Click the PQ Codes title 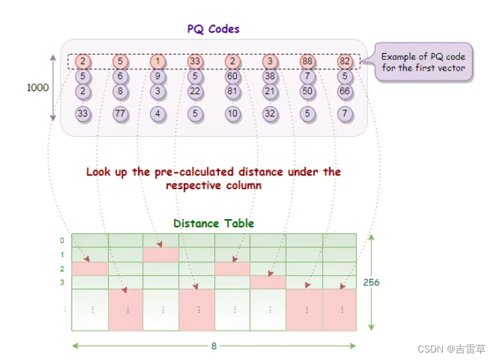point(213,29)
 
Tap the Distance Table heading point(214,223)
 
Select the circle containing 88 point(308,61)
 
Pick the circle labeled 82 point(345,61)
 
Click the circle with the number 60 point(233,76)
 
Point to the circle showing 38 point(270,76)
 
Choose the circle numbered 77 point(120,114)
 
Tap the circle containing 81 point(233,91)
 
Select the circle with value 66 point(345,91)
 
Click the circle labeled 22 point(195,91)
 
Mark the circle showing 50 point(308,91)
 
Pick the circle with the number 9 point(158,76)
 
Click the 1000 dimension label point(38,88)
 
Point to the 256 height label point(371,282)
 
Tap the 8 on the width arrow point(214,346)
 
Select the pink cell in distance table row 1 point(161,255)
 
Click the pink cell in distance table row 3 point(267,282)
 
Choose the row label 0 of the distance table point(63,240)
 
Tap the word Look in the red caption point(98,172)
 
